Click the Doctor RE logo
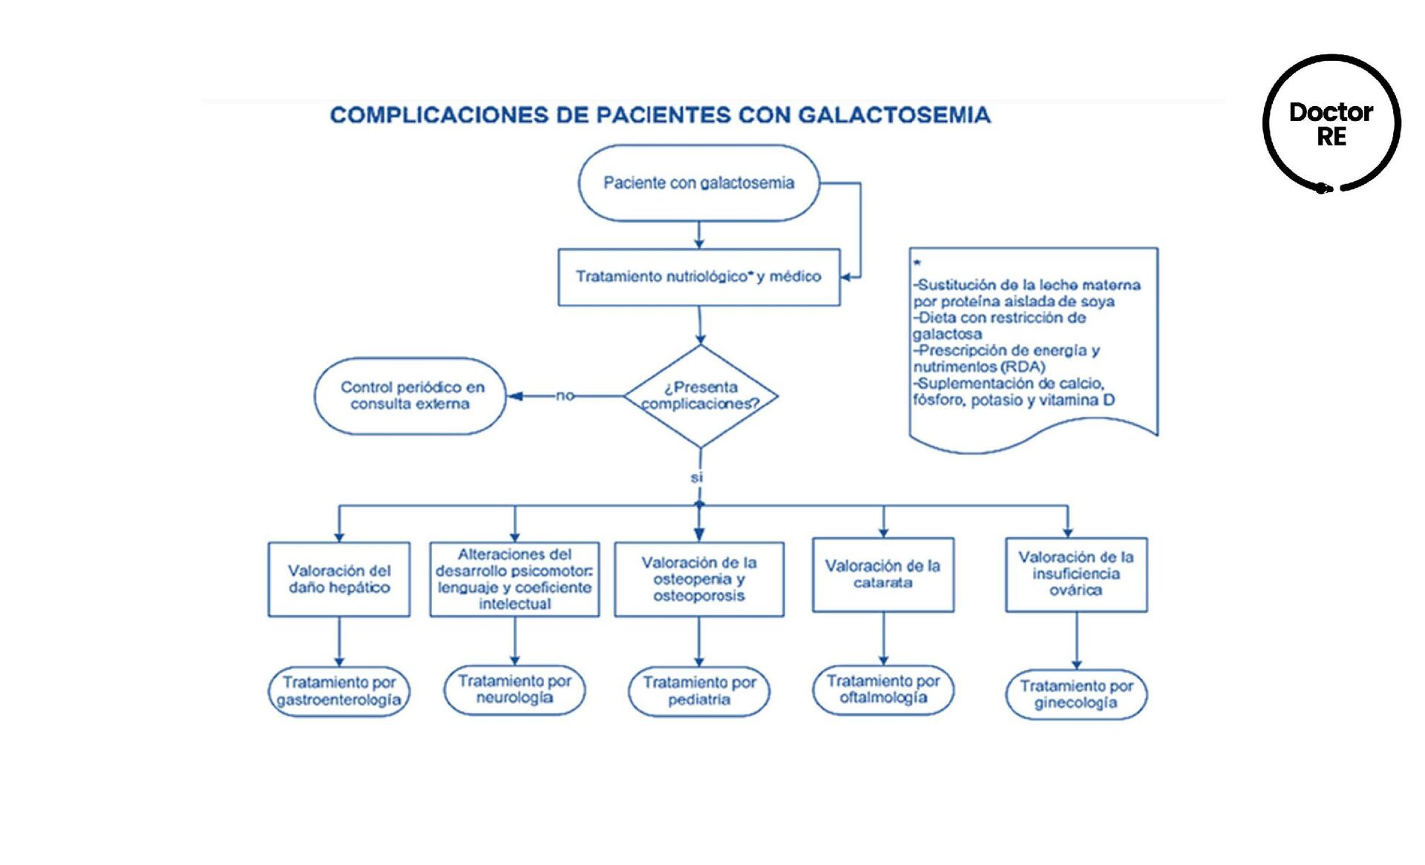tap(1331, 124)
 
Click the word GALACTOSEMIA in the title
tap(894, 115)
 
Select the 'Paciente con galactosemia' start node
tap(698, 183)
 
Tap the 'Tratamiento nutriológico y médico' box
tap(698, 277)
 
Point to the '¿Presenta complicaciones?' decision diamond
tap(701, 396)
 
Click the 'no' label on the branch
tap(565, 395)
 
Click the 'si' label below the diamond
tap(696, 478)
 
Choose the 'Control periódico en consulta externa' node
tap(410, 396)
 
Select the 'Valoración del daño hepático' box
tap(339, 579)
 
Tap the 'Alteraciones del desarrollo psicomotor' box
tap(514, 579)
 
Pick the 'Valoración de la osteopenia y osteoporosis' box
tap(698, 579)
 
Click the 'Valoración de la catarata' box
tap(883, 575)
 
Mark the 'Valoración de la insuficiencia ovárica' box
tap(1075, 574)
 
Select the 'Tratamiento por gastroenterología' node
tap(339, 691)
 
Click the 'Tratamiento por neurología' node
tap(514, 690)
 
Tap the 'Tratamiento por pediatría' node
tap(698, 691)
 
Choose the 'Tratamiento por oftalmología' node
tap(883, 690)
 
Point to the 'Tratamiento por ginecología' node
tap(1075, 694)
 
